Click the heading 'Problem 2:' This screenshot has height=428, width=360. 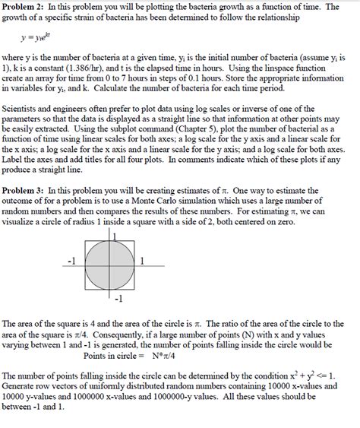point(25,6)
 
